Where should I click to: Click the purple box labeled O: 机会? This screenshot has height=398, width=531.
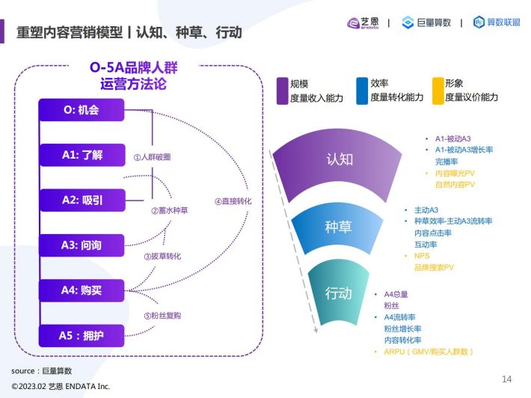coord(82,110)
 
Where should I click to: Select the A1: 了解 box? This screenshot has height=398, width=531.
coord(82,155)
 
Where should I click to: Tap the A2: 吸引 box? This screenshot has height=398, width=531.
coord(82,200)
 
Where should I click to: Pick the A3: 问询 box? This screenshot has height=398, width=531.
coord(82,245)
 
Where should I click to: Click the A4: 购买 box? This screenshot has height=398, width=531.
coord(82,290)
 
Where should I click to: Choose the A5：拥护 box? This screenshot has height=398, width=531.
coord(82,336)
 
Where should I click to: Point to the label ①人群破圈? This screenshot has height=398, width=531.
coord(152,157)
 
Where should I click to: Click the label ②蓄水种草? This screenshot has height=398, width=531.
coord(169,211)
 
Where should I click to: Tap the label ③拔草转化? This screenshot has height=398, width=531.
coord(162,257)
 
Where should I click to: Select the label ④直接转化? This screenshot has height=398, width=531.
coord(233,201)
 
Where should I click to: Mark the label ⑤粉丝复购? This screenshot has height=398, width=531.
coord(162,316)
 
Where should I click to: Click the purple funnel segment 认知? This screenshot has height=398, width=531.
coord(339,162)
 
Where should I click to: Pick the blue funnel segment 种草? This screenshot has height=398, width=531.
coord(337,227)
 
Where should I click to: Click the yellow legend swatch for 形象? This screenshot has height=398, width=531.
coord(438,91)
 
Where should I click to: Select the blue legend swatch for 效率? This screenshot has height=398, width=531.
coord(362,91)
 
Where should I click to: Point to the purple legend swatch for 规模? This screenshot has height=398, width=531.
coord(282,91)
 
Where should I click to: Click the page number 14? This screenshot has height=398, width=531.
coord(506,379)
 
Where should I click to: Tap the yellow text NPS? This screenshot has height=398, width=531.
coord(422,256)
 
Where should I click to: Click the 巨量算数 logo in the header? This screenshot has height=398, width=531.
coord(426,22)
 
